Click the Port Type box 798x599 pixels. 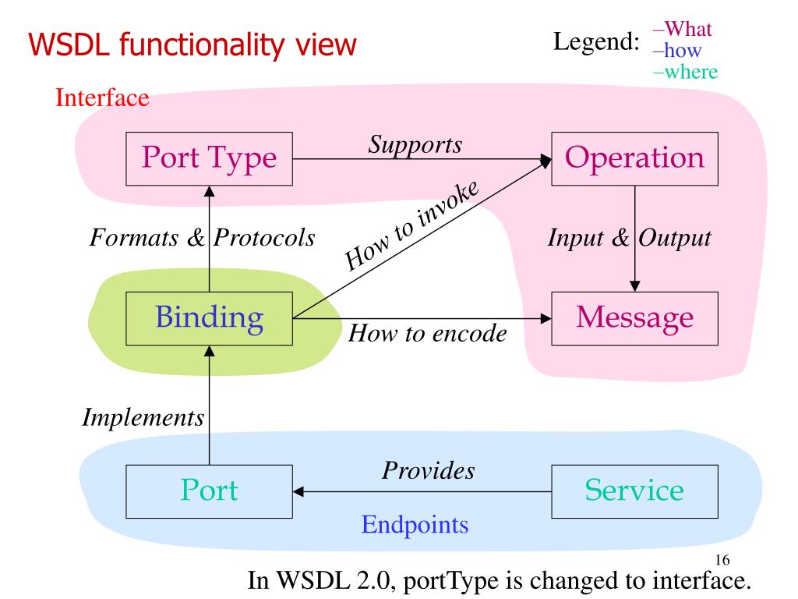(209, 159)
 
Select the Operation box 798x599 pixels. (634, 159)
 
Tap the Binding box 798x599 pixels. (209, 319)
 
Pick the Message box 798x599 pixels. (634, 319)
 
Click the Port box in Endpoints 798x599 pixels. (209, 491)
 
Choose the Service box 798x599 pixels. (634, 491)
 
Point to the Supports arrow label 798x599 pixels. (415, 145)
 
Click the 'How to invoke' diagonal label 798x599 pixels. (411, 225)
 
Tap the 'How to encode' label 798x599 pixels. (428, 334)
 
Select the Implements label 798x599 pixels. (143, 418)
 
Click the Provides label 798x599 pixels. (429, 470)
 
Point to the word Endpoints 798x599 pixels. (415, 525)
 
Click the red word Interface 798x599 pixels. (102, 97)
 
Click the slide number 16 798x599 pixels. (722, 560)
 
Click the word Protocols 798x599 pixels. (264, 238)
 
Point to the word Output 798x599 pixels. (675, 238)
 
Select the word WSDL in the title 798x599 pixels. (69, 44)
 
